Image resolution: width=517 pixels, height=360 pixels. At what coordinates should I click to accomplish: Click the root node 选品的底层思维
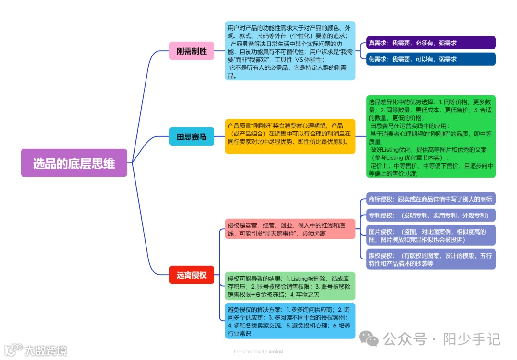(74, 163)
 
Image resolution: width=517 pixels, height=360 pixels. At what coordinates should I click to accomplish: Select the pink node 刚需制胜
(191, 51)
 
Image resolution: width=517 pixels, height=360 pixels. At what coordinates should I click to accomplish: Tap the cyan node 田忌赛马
(191, 136)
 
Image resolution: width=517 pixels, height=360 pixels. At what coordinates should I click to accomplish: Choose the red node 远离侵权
(191, 275)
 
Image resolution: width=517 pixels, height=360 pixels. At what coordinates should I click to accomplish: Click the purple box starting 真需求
(430, 43)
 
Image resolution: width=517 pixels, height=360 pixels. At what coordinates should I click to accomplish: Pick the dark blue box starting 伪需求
(430, 59)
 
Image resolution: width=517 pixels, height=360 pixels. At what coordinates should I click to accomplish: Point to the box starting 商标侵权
(430, 199)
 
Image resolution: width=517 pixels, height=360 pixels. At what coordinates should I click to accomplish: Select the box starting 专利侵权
(430, 215)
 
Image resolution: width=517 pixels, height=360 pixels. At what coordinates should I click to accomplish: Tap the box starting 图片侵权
(430, 235)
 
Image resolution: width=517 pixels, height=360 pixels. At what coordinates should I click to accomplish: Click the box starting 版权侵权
(430, 259)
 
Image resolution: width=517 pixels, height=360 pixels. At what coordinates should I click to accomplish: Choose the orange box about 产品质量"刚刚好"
(290, 136)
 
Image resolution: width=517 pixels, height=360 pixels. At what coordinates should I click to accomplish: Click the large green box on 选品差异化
(430, 136)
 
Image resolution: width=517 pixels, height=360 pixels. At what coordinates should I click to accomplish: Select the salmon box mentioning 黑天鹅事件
(290, 229)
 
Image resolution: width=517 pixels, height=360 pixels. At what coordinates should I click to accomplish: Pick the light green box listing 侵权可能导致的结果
(290, 286)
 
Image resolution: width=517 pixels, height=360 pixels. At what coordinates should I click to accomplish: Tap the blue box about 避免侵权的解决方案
(290, 321)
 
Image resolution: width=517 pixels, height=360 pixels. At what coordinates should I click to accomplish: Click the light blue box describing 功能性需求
(290, 51)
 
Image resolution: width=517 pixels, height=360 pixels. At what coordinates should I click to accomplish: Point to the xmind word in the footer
(276, 352)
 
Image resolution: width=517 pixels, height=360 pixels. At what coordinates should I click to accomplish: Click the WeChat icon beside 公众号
(369, 339)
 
